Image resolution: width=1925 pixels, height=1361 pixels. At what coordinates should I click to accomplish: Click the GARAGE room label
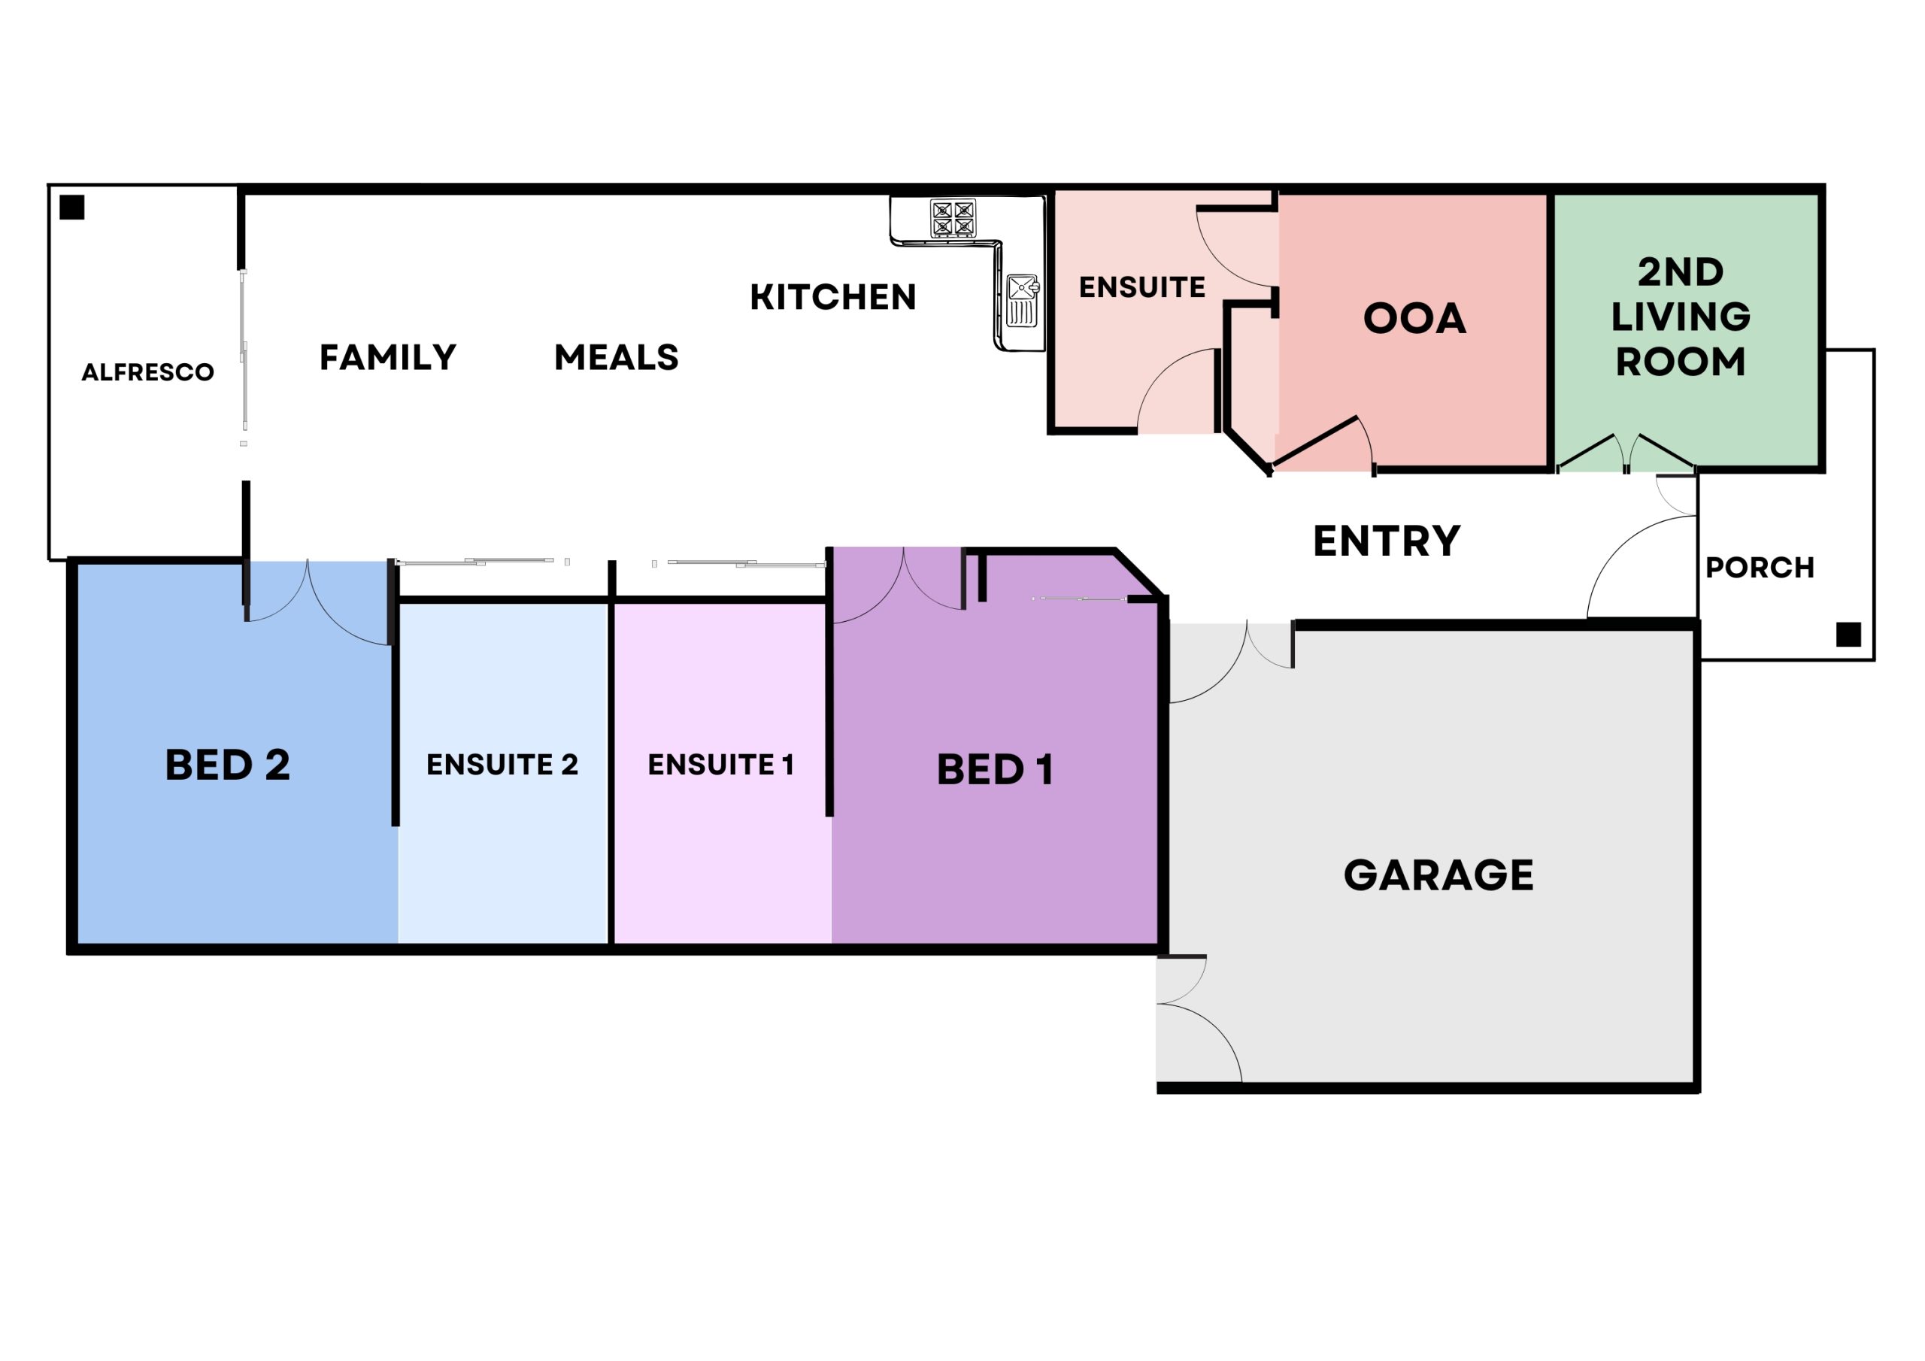(x=1438, y=875)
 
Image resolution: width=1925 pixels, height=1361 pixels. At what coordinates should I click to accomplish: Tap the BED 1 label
(x=994, y=770)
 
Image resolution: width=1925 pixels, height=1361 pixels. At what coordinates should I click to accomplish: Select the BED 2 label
(x=227, y=765)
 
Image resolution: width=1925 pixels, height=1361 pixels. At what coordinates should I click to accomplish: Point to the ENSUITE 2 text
(x=502, y=764)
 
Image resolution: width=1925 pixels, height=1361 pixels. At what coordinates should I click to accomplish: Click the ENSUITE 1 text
(x=720, y=764)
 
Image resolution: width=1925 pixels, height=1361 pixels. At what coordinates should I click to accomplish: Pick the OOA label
(x=1414, y=319)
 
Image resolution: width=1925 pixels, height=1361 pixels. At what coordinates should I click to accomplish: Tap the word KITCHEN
(x=832, y=297)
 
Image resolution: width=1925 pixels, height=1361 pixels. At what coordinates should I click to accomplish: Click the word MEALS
(x=617, y=357)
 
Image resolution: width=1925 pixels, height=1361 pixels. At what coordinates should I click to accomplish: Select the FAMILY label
(x=388, y=357)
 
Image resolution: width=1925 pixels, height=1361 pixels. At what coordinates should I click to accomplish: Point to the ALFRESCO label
(x=147, y=372)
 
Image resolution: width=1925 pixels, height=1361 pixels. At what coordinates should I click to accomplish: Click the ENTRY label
(x=1387, y=541)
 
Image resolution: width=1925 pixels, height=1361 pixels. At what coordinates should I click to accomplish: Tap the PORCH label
(x=1760, y=568)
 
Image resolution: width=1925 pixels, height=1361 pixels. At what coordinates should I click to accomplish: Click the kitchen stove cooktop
(x=953, y=218)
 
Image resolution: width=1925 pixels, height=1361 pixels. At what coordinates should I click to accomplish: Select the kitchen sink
(x=1022, y=300)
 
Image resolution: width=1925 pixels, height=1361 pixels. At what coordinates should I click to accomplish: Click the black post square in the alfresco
(x=72, y=207)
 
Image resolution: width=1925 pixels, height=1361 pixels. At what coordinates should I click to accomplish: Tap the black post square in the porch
(x=1849, y=634)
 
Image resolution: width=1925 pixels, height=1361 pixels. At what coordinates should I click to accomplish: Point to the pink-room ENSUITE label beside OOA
(x=1142, y=288)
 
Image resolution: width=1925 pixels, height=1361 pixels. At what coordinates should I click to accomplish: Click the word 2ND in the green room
(x=1681, y=271)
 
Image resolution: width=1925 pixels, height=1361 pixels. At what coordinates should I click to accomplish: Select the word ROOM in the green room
(x=1681, y=362)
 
